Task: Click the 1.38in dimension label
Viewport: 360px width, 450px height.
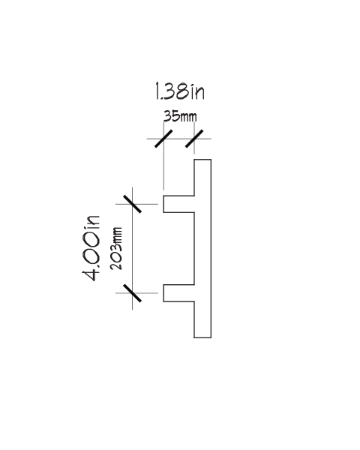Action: pyautogui.click(x=180, y=91)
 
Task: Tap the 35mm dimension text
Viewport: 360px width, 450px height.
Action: pyautogui.click(x=180, y=116)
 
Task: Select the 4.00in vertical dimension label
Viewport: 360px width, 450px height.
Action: pyautogui.click(x=91, y=248)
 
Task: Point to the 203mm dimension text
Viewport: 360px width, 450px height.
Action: pyautogui.click(x=116, y=248)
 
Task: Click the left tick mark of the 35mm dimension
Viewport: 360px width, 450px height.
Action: pyautogui.click(x=163, y=139)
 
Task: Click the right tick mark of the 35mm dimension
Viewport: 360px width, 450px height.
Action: pyautogui.click(x=194, y=139)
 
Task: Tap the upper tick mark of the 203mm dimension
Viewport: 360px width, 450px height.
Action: pyautogui.click(x=132, y=204)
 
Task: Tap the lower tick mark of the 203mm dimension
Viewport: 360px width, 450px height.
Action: pyautogui.click(x=132, y=293)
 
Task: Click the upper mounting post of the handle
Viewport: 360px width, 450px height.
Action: pyautogui.click(x=178, y=204)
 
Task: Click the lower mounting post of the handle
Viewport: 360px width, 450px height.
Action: pyautogui.click(x=178, y=293)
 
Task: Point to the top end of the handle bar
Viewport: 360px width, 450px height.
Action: pyautogui.click(x=202, y=160)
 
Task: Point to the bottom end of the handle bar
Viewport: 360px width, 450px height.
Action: pyautogui.click(x=202, y=337)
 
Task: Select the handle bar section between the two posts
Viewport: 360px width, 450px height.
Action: pyautogui.click(x=202, y=248)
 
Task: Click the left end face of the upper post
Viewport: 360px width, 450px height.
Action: pyautogui.click(x=163, y=204)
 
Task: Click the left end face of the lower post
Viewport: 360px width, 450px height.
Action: pyautogui.click(x=163, y=293)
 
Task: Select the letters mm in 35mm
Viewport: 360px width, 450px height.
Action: pyautogui.click(x=188, y=118)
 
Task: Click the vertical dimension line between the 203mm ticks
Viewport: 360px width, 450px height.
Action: pyautogui.click(x=132, y=248)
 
